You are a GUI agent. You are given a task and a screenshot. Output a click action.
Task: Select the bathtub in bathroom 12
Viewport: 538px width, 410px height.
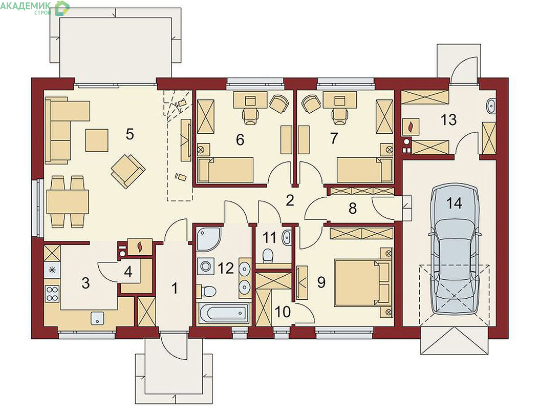[223, 313]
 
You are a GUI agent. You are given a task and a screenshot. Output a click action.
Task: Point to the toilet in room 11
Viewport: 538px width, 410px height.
[267, 255]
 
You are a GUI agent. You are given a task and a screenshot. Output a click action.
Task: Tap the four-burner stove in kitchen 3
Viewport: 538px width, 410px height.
[52, 293]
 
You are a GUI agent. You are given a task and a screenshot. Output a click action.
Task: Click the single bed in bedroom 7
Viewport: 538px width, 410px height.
[364, 170]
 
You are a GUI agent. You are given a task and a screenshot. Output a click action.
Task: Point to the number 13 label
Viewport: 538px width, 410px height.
[449, 120]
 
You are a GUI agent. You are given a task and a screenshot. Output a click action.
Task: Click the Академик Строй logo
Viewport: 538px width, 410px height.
[34, 8]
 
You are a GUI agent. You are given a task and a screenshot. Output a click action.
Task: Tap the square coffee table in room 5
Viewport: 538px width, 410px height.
[97, 140]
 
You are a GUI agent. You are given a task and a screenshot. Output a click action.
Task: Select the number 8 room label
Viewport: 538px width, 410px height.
[352, 208]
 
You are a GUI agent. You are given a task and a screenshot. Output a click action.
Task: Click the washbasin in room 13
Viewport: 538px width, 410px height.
[491, 106]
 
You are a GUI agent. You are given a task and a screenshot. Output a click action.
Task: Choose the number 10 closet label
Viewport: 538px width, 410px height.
[283, 312]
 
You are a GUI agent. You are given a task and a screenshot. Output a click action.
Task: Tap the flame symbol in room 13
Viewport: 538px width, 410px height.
[411, 127]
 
